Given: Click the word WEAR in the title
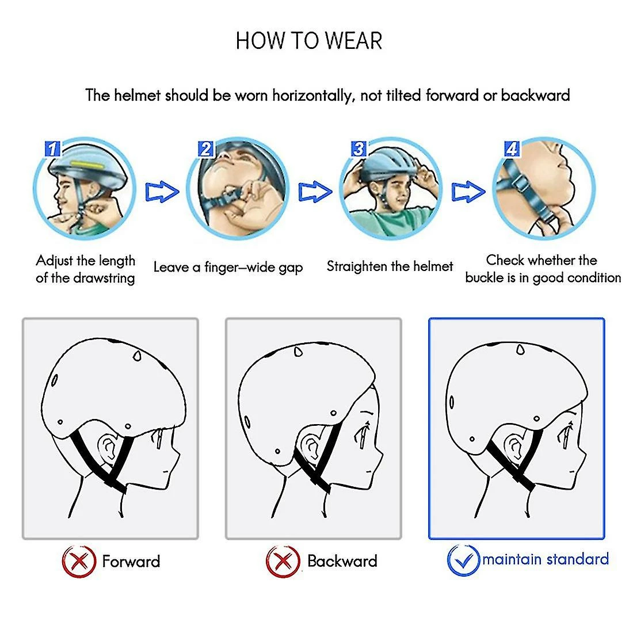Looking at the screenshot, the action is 354,41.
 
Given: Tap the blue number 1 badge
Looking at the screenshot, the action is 52,148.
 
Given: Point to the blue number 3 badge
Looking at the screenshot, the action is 359,148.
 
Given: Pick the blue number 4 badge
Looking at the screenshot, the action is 512,148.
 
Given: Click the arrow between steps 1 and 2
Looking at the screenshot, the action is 162,192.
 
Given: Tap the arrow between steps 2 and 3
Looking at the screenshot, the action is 315,192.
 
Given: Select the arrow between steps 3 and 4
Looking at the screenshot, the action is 468,192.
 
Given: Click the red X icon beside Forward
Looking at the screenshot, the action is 79,561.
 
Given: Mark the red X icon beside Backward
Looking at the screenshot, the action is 283,561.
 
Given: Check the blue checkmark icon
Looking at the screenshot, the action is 463,560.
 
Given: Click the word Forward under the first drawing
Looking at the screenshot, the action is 131,562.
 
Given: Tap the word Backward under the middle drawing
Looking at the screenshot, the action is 342,561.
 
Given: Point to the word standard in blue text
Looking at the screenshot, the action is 578,559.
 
